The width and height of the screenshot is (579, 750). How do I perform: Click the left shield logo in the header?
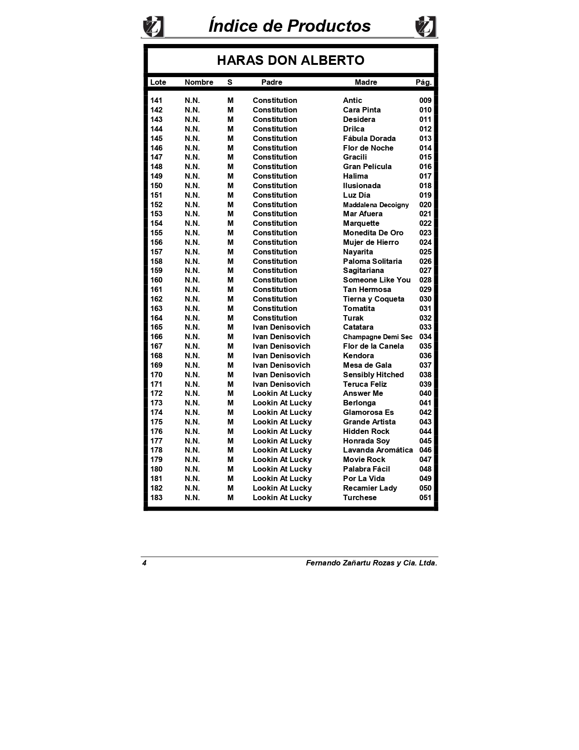point(153,27)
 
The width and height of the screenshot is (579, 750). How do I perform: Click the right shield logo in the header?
point(425,27)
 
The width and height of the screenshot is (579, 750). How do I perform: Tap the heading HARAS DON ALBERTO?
point(290,60)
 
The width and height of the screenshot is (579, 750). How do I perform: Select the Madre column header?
point(366,82)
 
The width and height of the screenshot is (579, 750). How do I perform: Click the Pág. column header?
point(423,82)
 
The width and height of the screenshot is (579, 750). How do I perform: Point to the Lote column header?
point(158,82)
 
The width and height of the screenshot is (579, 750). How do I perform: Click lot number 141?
point(156,101)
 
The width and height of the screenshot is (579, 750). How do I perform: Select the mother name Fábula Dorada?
point(369,138)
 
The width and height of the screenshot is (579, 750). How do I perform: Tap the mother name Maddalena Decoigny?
point(376,205)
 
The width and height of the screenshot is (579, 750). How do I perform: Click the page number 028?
point(425,280)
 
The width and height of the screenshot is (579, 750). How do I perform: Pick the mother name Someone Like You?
point(377,280)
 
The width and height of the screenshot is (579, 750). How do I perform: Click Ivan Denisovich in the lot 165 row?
point(281,327)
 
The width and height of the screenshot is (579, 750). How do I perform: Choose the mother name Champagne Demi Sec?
point(378,337)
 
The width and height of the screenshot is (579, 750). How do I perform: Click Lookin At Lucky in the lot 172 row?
point(282,394)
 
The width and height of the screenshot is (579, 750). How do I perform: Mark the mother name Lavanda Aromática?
point(378,450)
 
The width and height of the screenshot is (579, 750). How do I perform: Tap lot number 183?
point(156,497)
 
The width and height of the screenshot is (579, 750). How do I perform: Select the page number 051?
point(425,497)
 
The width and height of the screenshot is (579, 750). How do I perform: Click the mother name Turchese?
point(359,497)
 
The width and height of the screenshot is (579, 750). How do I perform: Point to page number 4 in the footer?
point(144,563)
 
